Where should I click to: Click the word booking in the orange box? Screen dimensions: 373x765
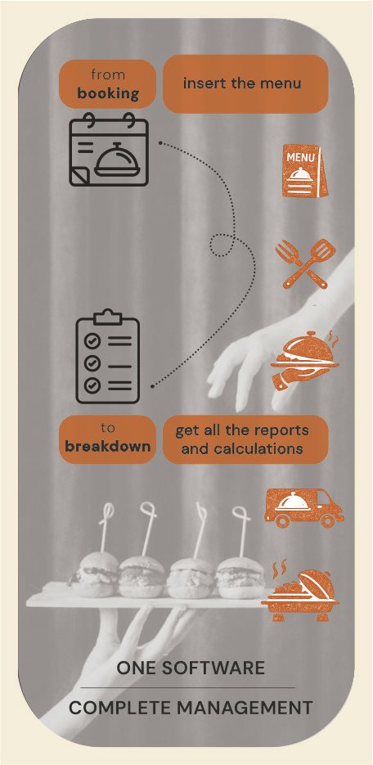(108, 93)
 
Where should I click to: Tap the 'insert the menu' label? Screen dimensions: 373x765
(242, 83)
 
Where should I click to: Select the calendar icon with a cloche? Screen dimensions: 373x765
(109, 149)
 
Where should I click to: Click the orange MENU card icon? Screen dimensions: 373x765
(305, 171)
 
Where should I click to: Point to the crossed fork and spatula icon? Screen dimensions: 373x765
(306, 263)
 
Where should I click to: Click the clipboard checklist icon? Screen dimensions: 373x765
(108, 357)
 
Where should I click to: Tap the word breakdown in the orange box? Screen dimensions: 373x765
(108, 447)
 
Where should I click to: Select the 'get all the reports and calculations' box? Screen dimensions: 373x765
(245, 439)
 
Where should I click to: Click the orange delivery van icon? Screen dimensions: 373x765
(304, 507)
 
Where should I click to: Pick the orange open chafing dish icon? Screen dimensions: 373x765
(300, 591)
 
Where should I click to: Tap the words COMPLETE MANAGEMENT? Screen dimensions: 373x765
(191, 708)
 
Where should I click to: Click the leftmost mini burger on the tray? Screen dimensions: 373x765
(96, 576)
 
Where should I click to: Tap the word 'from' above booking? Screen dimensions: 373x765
(108, 74)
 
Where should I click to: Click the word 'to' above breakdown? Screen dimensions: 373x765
(108, 429)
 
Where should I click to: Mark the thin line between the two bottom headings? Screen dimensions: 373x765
(187, 688)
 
